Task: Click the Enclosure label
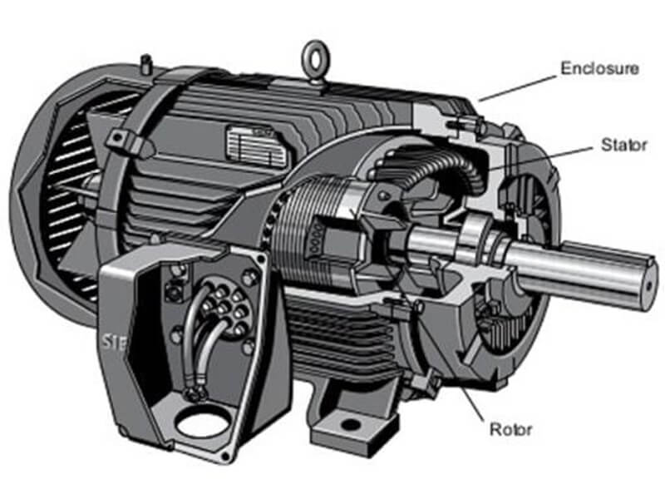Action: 599,68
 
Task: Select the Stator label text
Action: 624,145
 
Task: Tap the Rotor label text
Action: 510,429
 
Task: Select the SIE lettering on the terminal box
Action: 114,342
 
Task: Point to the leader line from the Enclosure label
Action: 517,88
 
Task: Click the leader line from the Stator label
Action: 541,159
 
